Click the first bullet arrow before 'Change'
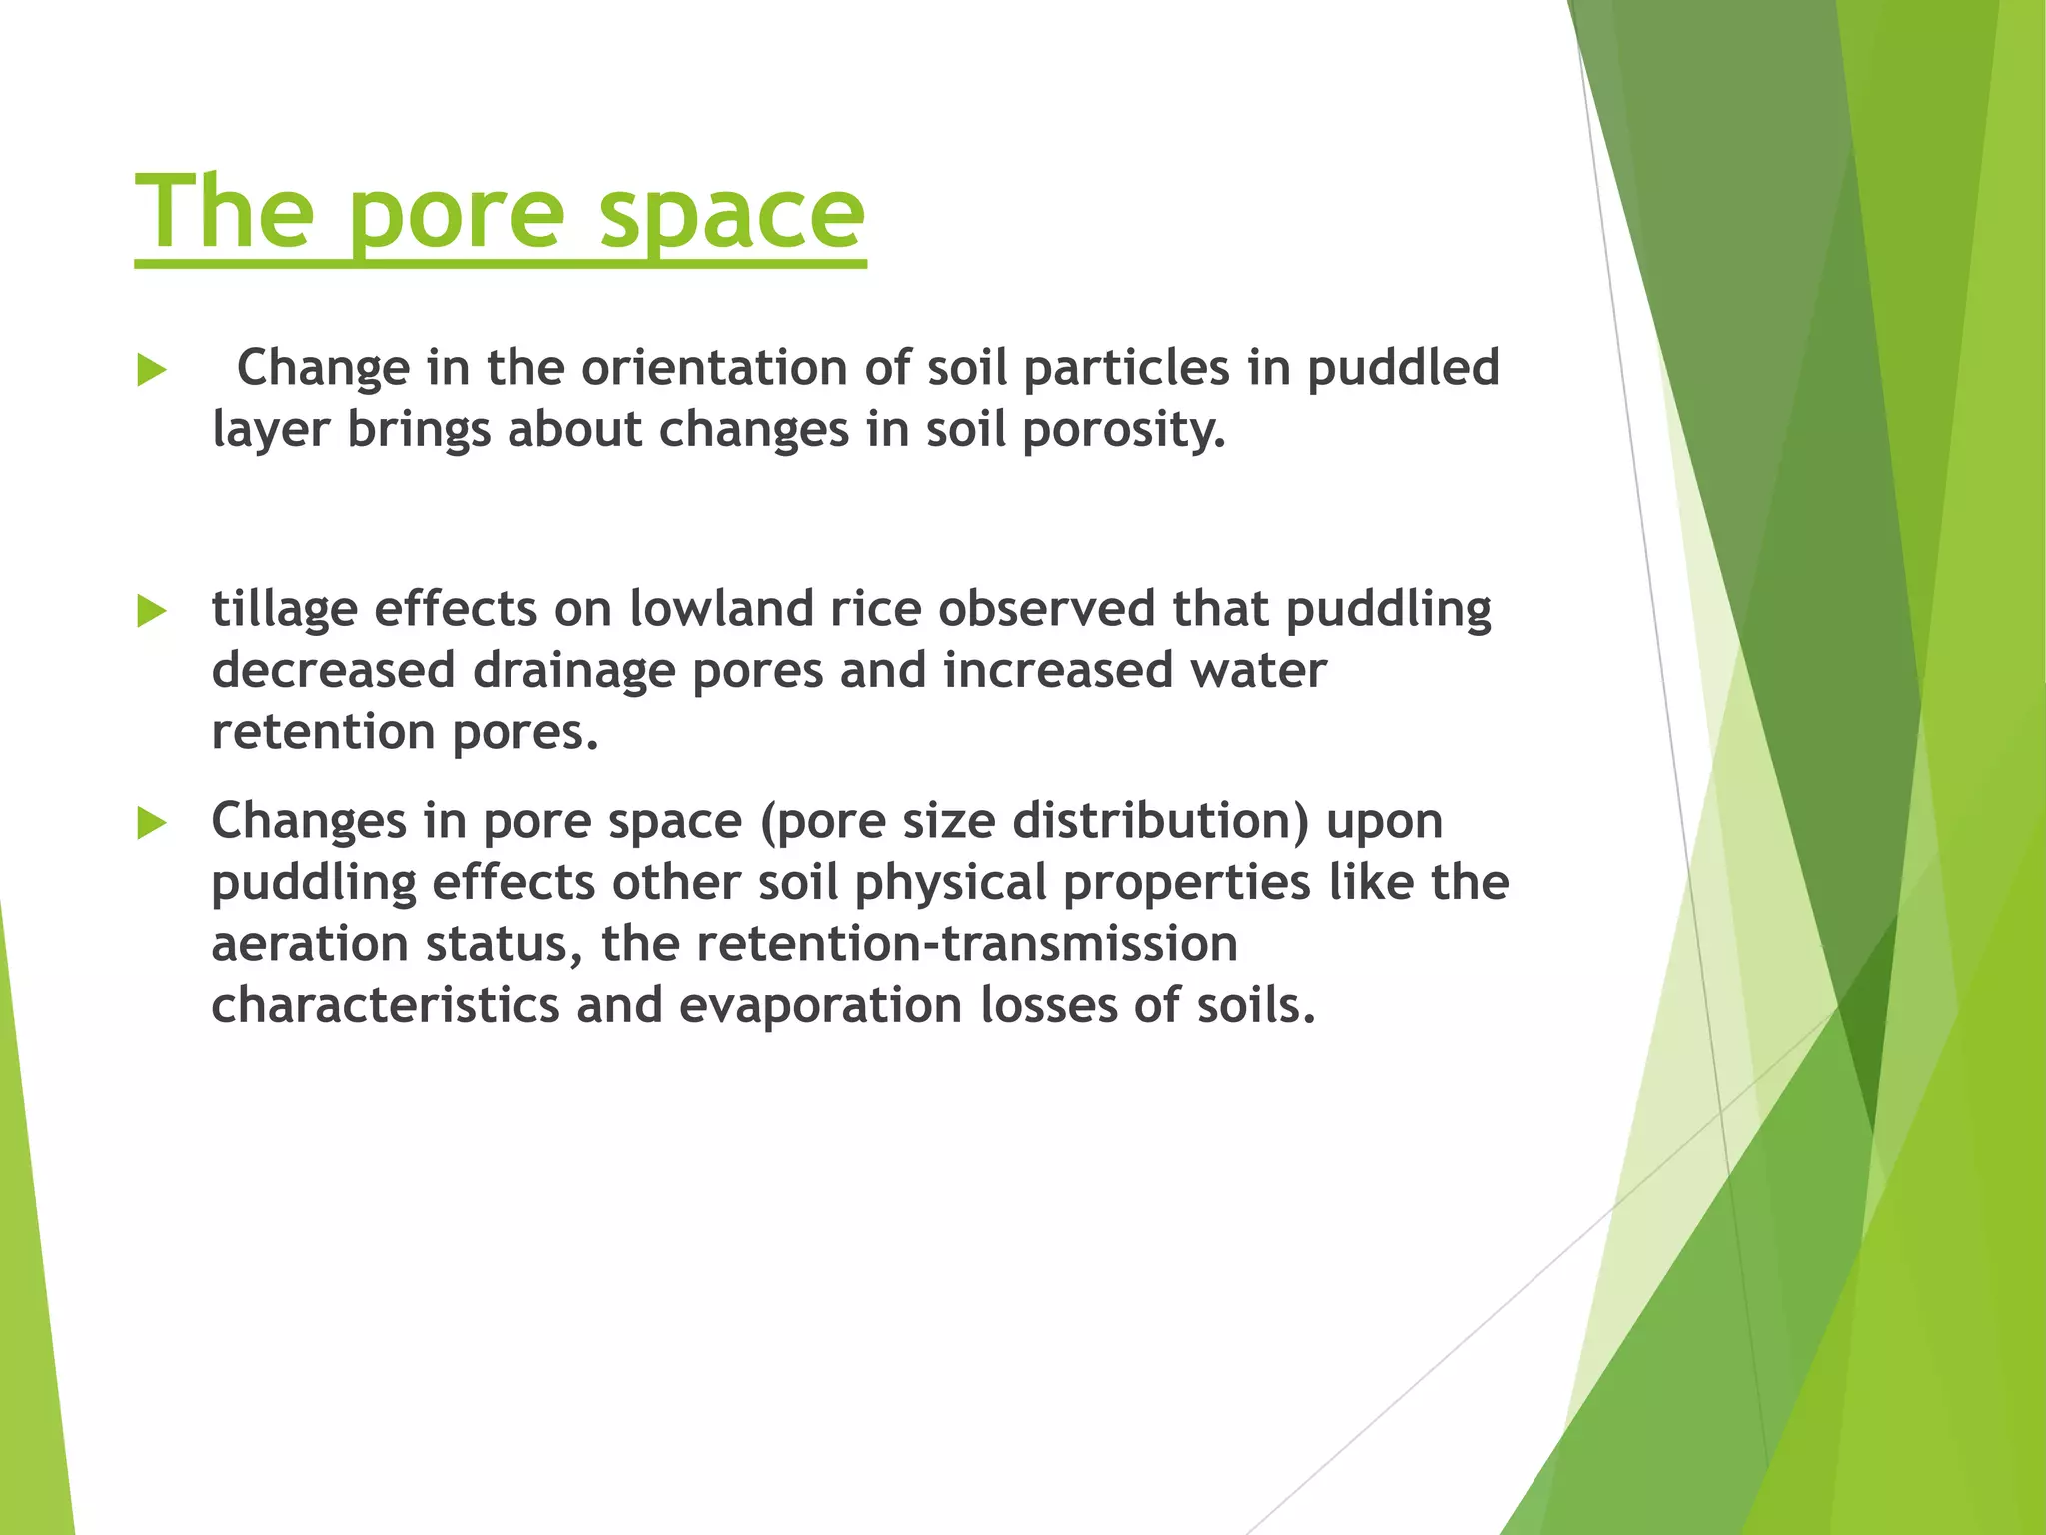click(x=151, y=371)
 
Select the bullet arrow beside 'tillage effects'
click(x=151, y=611)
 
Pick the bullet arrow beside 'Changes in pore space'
click(x=151, y=824)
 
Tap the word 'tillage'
click(x=284, y=610)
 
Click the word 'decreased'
click(x=333, y=670)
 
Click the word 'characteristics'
click(x=385, y=1006)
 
